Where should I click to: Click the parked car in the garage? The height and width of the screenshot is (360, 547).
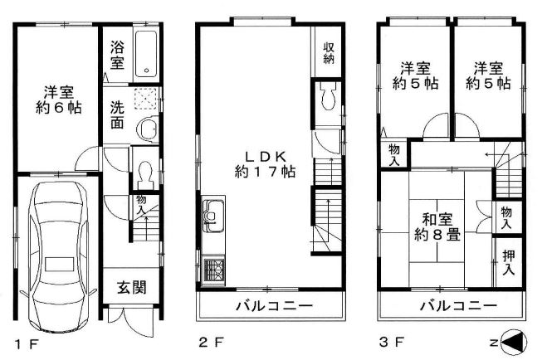click(x=59, y=256)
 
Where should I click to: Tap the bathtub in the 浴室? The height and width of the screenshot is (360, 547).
click(x=147, y=54)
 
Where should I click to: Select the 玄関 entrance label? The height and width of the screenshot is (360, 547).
click(x=131, y=288)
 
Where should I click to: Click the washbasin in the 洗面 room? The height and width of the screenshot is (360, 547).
click(x=149, y=129)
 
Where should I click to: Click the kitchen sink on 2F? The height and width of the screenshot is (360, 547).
click(x=212, y=216)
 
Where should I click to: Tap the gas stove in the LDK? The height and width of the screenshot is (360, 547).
click(x=213, y=270)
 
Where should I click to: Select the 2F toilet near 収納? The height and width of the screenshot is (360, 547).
click(x=328, y=96)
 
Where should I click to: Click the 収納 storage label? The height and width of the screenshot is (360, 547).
click(x=329, y=53)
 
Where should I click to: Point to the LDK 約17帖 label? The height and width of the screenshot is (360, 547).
click(x=265, y=164)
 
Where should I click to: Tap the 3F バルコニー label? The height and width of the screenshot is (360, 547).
click(x=458, y=306)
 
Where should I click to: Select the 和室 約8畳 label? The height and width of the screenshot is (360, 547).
click(x=437, y=227)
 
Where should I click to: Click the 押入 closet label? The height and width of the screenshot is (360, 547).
click(x=508, y=262)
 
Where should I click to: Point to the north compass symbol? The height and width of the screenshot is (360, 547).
click(x=514, y=343)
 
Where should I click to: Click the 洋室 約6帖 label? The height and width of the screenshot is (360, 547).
click(x=59, y=100)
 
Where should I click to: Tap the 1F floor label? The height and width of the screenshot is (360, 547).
click(x=27, y=344)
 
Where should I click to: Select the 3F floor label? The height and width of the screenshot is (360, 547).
click(x=392, y=343)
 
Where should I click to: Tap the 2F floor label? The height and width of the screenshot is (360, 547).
click(x=211, y=343)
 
